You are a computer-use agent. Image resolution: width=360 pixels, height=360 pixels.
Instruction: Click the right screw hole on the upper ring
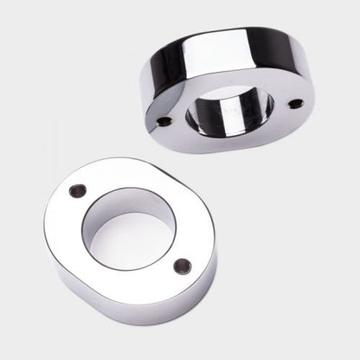tap(296, 104)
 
